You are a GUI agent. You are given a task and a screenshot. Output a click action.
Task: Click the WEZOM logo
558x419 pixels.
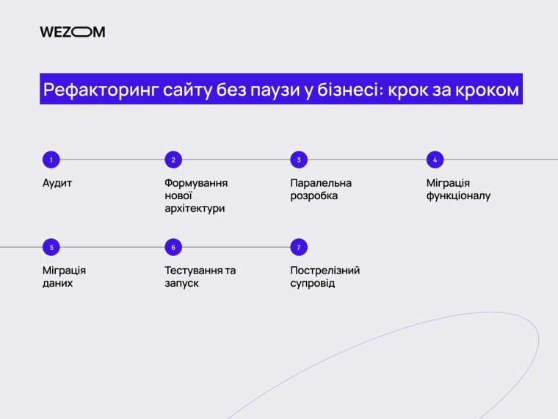tap(72, 32)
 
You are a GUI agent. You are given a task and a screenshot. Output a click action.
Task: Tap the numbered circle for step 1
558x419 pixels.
tap(51, 160)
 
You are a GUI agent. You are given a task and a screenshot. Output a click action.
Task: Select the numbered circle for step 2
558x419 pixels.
tap(173, 160)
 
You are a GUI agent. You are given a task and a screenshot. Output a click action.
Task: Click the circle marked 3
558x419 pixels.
tap(299, 160)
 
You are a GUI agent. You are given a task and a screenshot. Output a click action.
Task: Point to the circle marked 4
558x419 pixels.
tap(435, 160)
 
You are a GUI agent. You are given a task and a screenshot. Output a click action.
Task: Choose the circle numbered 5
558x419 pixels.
tap(51, 247)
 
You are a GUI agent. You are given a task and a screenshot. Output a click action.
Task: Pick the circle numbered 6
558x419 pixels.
tap(173, 247)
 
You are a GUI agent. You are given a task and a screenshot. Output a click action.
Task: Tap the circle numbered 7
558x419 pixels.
tap(299, 247)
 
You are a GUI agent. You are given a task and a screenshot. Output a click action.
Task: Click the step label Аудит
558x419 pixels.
tap(57, 183)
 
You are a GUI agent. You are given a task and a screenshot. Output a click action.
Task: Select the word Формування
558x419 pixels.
tap(196, 183)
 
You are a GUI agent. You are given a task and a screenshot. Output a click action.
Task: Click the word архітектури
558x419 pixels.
tap(195, 209)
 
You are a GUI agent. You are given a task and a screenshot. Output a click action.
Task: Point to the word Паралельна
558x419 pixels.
tap(321, 183)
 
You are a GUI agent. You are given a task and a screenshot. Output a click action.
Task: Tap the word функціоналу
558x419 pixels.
tap(458, 196)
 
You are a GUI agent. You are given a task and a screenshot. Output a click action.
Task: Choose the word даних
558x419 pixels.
tap(58, 283)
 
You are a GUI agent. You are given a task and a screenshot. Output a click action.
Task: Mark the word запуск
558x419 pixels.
tap(182, 283)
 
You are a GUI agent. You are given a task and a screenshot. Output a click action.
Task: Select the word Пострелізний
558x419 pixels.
tap(325, 271)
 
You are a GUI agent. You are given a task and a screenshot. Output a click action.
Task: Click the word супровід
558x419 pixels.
tap(313, 283)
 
